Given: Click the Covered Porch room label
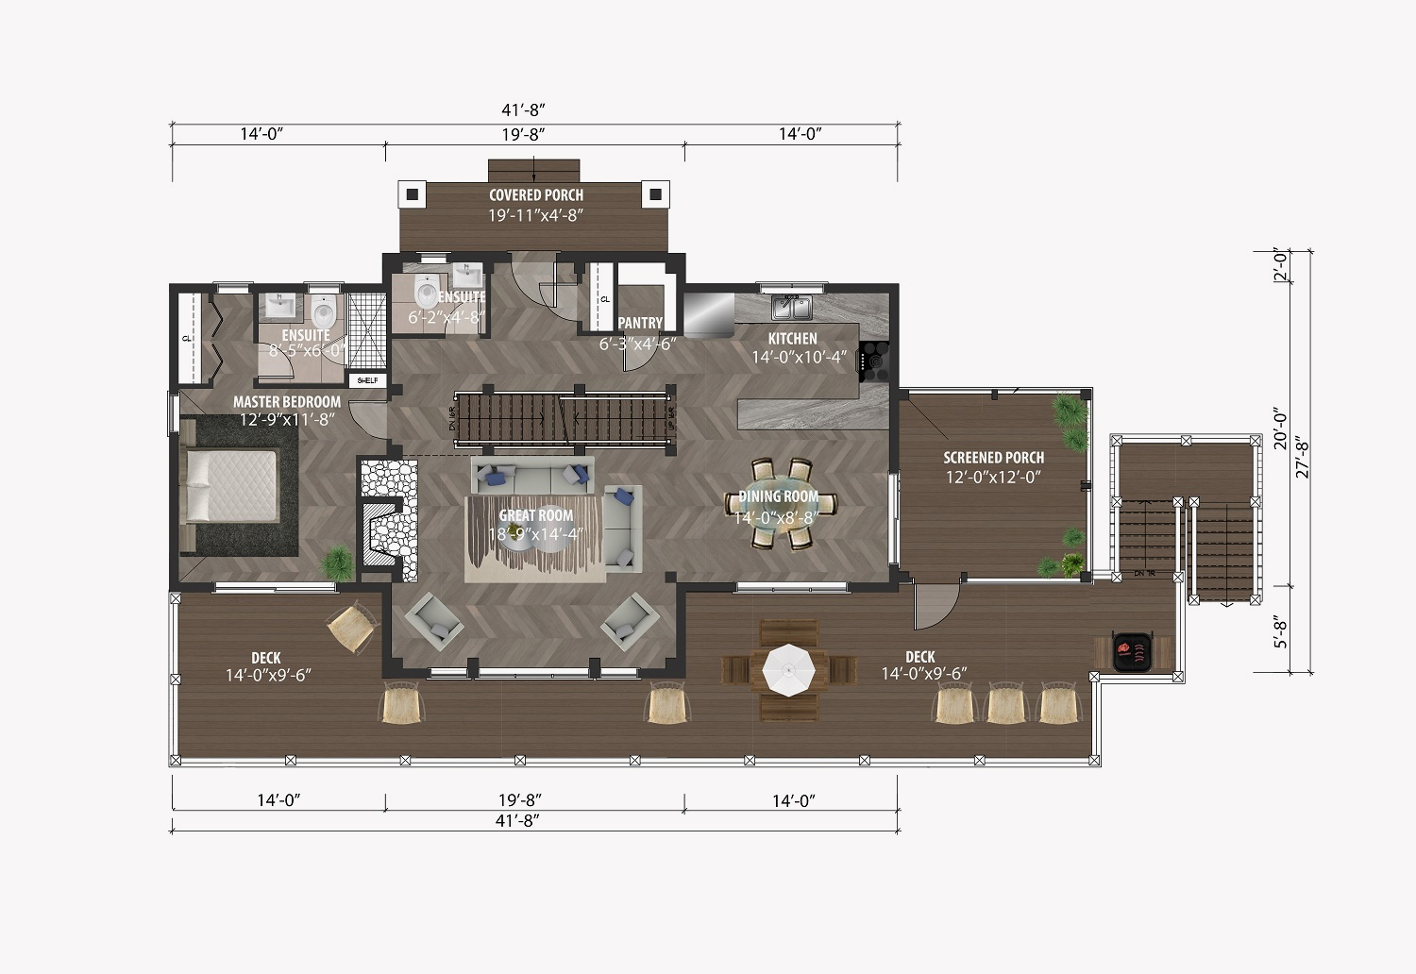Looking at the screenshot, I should pos(535,195).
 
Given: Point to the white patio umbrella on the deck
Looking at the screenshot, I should pos(788,669).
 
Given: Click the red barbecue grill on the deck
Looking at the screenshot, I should pos(1132,650).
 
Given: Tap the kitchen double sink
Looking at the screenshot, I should pos(791,308).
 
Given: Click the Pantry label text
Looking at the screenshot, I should pos(640,323).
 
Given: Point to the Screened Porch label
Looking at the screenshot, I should pos(993,458).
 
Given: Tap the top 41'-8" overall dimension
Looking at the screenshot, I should pos(534,111).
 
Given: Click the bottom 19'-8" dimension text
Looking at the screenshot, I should pos(520,800).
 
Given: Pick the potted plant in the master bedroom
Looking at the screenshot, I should pos(337,563).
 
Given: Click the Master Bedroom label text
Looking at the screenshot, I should pos(287,402).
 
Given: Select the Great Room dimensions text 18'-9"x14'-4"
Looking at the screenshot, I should pos(536,533).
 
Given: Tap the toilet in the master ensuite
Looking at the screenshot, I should pos(324,311).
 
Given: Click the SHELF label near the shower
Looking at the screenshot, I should pos(366,380).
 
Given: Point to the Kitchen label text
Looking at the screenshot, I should pos(792,339).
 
